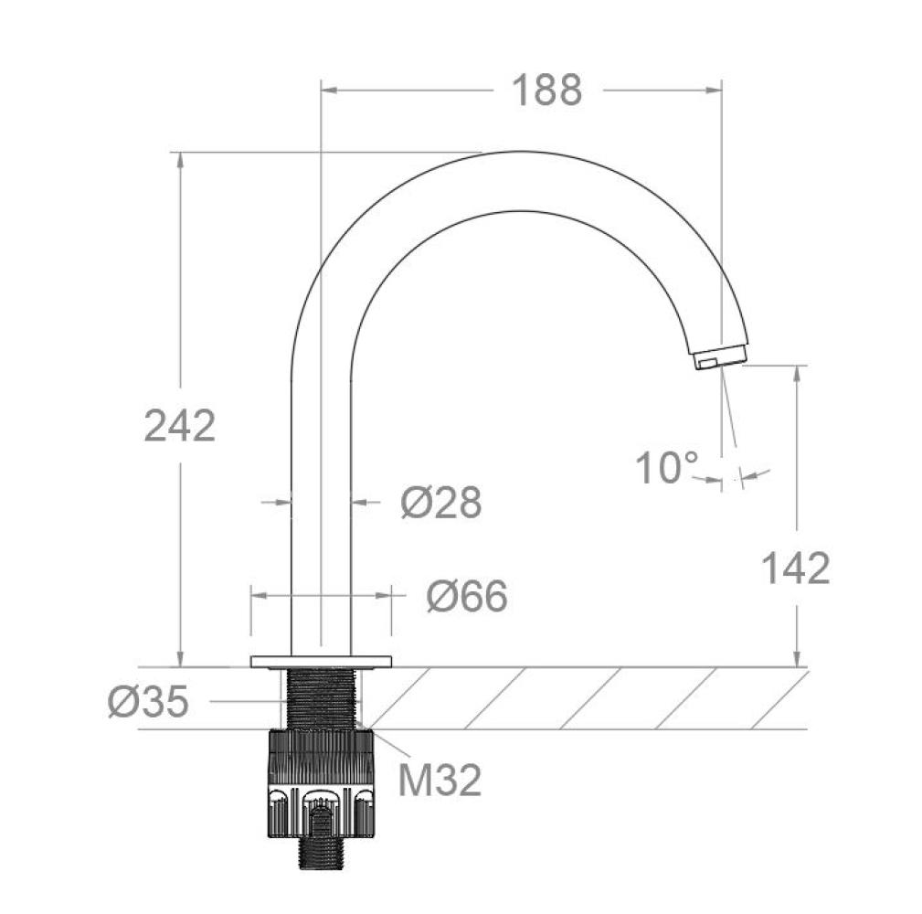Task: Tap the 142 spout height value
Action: pos(796,569)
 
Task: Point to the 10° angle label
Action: pos(667,468)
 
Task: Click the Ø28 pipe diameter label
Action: pos(441,503)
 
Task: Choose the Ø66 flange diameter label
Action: pos(467,595)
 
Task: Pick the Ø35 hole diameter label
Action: pos(148,701)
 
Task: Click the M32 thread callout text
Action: pos(440,780)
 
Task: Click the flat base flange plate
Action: pos(321,662)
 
